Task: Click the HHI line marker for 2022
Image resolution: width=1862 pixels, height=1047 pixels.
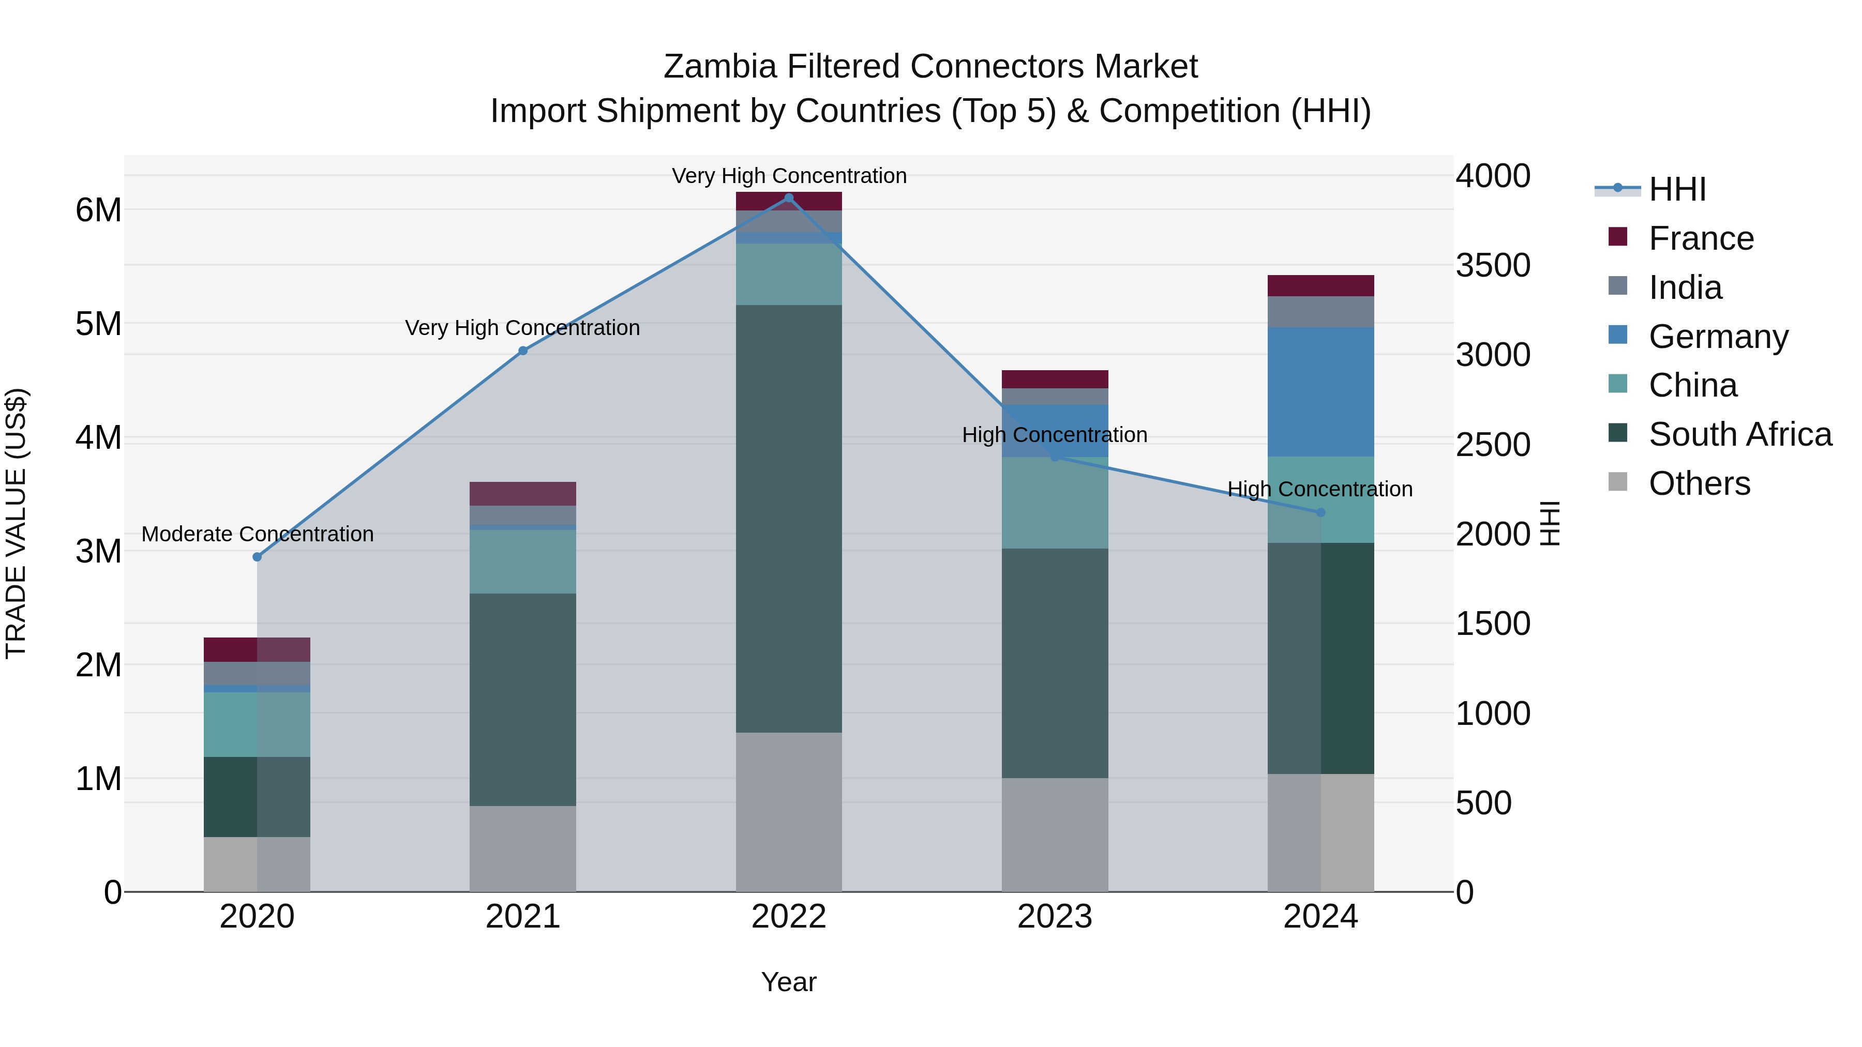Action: click(x=789, y=198)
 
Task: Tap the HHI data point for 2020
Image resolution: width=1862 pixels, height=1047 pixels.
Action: click(x=258, y=557)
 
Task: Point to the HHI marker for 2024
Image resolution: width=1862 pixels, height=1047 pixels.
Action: click(x=1320, y=512)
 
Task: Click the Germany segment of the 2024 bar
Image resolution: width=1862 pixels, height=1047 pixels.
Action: click(x=1320, y=391)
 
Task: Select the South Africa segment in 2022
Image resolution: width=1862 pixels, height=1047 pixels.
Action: click(x=789, y=518)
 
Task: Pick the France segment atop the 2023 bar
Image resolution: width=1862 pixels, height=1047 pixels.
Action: click(x=1055, y=380)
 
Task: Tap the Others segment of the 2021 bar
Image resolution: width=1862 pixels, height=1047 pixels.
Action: click(x=522, y=848)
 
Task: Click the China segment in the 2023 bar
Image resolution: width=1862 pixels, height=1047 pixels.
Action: click(x=1055, y=503)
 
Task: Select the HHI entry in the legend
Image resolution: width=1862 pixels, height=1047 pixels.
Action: click(x=1677, y=189)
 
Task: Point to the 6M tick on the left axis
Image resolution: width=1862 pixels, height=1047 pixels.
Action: click(x=98, y=210)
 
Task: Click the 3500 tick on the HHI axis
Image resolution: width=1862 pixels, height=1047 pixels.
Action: click(x=1493, y=265)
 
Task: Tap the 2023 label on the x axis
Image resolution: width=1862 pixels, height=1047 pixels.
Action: click(x=1055, y=917)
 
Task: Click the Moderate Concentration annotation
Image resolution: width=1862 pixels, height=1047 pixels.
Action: click(x=258, y=534)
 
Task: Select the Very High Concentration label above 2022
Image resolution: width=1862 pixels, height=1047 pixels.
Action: click(x=789, y=176)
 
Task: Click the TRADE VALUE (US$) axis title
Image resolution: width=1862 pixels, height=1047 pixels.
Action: click(x=17, y=523)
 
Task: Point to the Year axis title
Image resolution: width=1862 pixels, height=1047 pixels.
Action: click(x=789, y=982)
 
